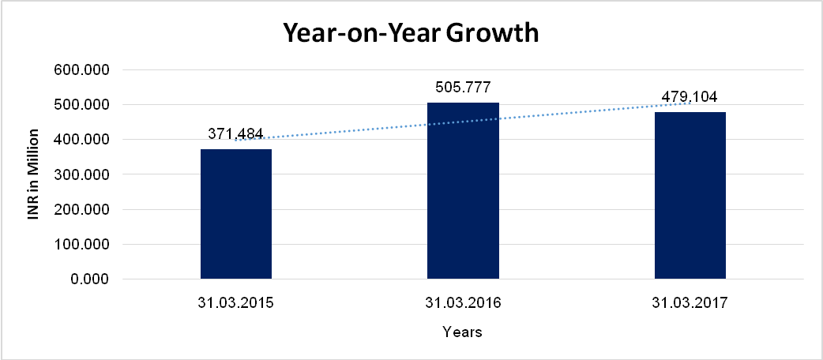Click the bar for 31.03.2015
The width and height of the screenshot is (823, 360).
[x=236, y=214]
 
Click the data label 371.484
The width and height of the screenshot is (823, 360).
[x=236, y=133]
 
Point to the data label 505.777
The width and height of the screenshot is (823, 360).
[x=463, y=87]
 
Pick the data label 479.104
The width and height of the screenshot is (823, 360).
[x=690, y=97]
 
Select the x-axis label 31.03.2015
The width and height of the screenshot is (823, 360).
[x=236, y=302]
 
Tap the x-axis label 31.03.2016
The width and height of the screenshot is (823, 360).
[x=463, y=302]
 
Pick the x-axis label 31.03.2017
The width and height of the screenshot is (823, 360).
[x=690, y=302]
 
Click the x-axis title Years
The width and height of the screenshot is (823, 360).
[x=462, y=332]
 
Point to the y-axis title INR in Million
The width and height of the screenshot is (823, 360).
[x=34, y=174]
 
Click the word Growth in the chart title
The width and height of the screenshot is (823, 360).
[x=491, y=33]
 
